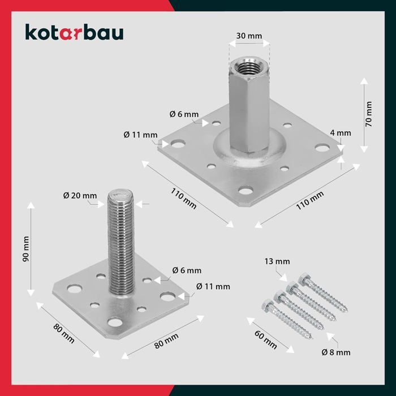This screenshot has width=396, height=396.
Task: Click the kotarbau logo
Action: coord(74,33)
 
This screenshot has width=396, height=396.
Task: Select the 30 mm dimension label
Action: coord(249,36)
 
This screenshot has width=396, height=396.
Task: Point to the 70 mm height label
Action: coord(369,113)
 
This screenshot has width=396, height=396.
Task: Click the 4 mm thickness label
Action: coord(341,134)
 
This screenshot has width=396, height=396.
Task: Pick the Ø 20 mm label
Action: coord(80,196)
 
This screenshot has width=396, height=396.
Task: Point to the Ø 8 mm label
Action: coord(335,352)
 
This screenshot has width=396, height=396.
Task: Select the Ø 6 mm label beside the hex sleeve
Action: coord(184,114)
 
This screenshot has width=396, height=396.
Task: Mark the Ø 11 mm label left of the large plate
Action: coord(140,135)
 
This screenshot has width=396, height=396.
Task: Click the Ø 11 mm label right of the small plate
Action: coord(213,286)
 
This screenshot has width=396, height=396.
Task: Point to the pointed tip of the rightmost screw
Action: coord(345,311)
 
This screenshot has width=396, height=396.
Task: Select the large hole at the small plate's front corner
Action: coord(115,324)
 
